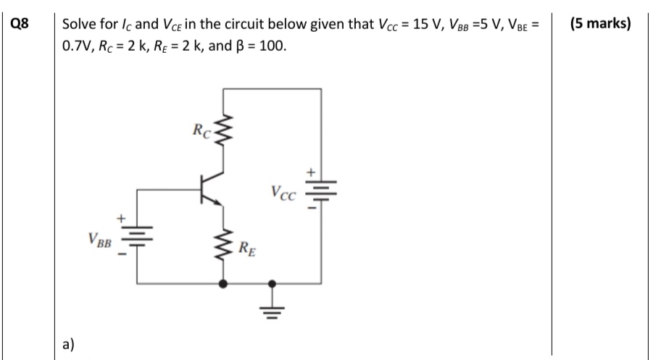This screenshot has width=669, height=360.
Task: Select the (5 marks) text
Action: click(x=599, y=23)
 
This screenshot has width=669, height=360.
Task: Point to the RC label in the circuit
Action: click(x=201, y=133)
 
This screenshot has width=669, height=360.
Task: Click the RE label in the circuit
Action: click(x=246, y=252)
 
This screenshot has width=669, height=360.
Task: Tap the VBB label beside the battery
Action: click(x=98, y=238)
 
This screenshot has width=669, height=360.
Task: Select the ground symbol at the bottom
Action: click(x=273, y=308)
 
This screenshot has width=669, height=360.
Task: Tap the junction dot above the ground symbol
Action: click(x=273, y=284)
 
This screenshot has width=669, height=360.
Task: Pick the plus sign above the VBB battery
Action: click(x=122, y=217)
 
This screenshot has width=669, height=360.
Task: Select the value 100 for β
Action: click(x=273, y=45)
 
